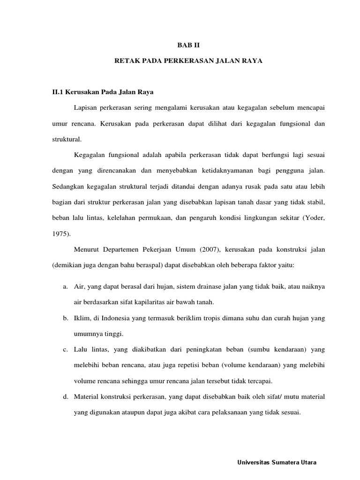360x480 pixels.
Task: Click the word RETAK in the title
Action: [x=126, y=61]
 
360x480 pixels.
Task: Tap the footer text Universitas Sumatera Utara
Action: [x=277, y=463]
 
